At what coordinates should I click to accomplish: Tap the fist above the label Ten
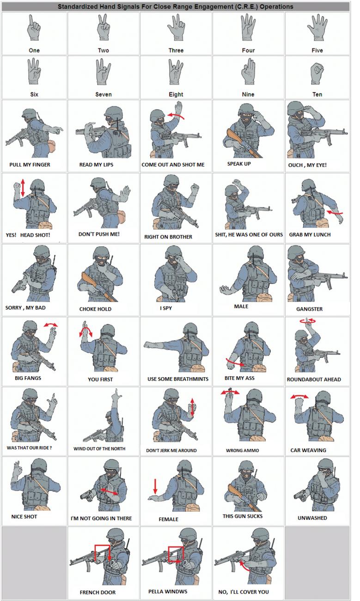(317, 73)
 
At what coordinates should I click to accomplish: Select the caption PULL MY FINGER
(30, 165)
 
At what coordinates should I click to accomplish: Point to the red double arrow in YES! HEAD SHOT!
(23, 188)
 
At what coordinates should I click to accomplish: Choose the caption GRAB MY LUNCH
(310, 235)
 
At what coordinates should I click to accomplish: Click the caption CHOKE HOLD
(95, 309)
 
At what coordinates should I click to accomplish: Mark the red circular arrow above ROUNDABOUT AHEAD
(308, 321)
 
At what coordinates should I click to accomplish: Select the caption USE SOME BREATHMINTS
(178, 379)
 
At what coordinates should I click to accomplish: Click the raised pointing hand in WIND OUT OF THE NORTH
(116, 395)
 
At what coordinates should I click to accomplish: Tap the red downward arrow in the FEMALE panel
(155, 486)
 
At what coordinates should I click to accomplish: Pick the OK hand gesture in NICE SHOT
(16, 469)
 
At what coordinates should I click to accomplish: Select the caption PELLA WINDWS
(168, 591)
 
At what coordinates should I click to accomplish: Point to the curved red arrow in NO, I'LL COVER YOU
(243, 565)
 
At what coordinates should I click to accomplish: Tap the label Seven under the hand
(103, 94)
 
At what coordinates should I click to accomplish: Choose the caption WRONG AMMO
(242, 450)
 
